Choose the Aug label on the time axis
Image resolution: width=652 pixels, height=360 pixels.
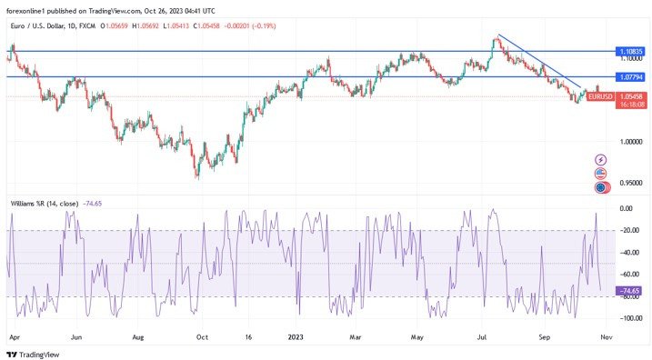(x=138, y=335)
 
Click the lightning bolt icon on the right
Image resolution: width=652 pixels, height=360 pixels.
(x=599, y=159)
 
